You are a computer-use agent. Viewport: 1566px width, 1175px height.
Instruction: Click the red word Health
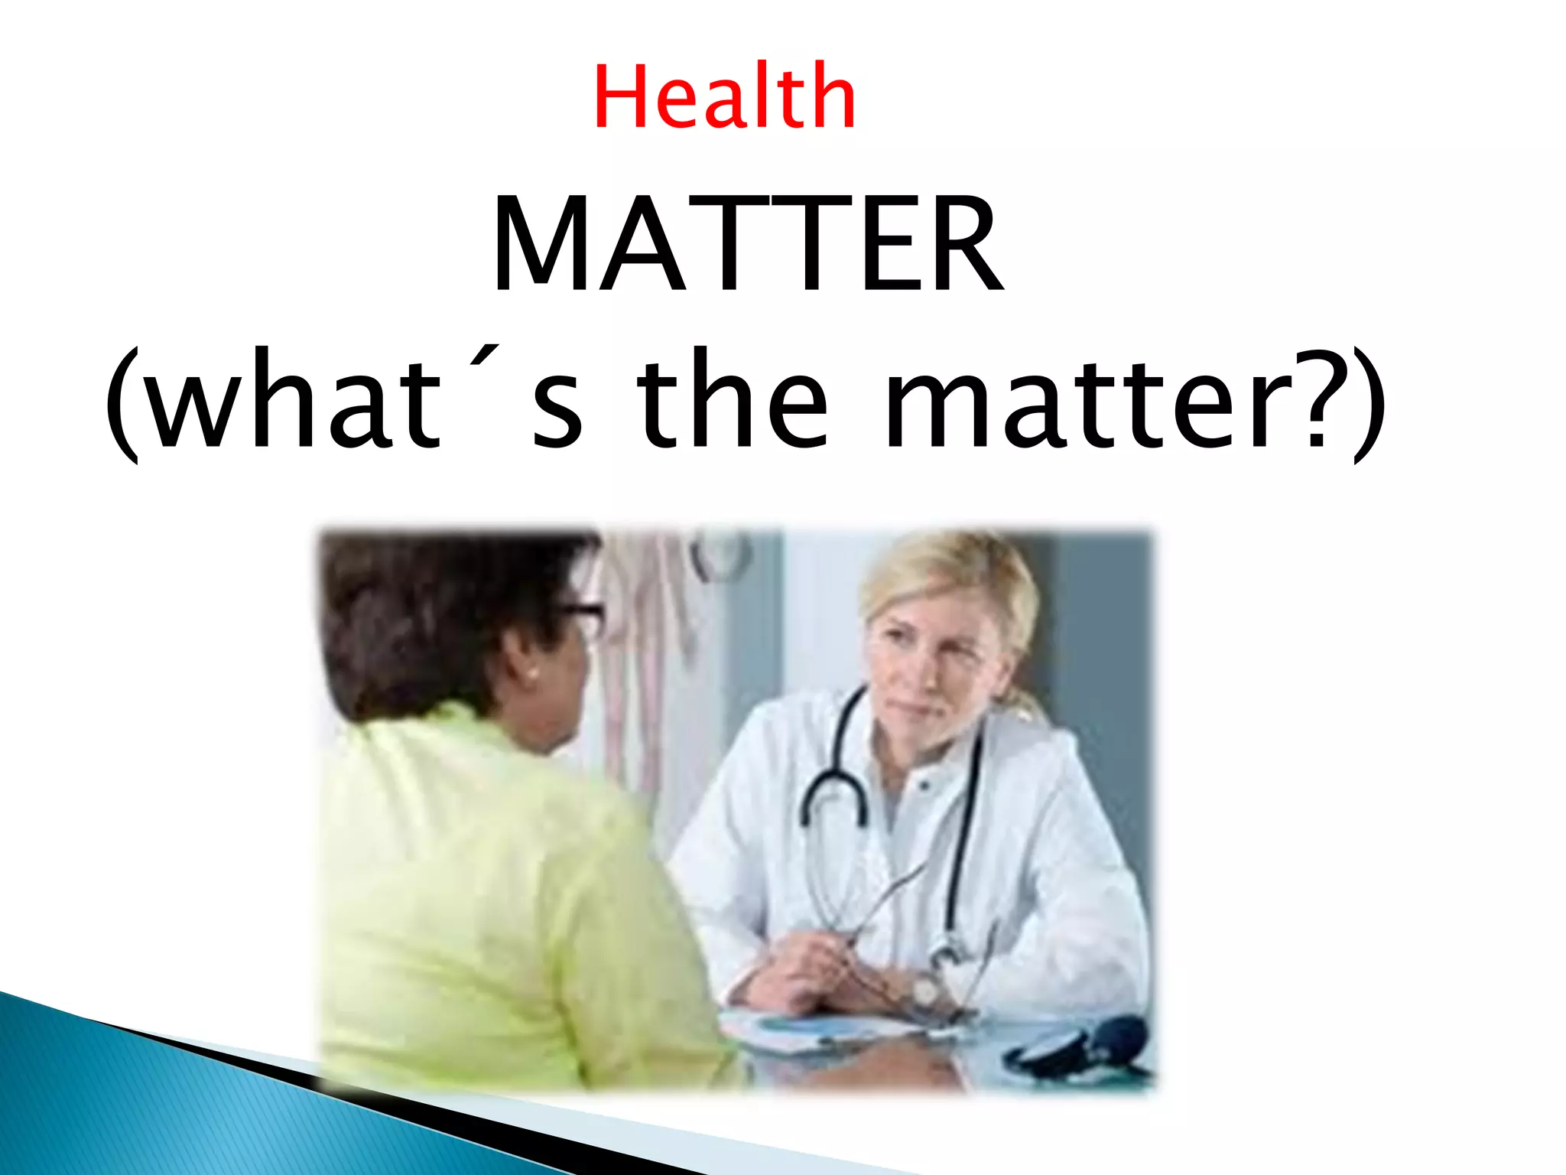click(x=724, y=97)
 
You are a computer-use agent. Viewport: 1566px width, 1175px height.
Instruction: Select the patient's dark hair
click(x=443, y=612)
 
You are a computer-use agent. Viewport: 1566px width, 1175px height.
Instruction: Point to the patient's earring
click(x=530, y=675)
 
